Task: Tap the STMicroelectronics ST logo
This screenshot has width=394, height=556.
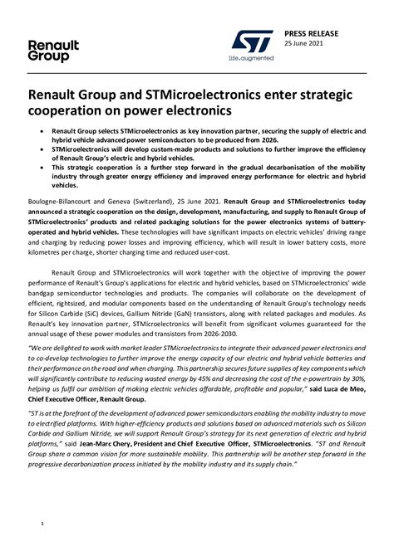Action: pyautogui.click(x=252, y=42)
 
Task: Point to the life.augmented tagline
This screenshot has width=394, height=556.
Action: pyautogui.click(x=251, y=59)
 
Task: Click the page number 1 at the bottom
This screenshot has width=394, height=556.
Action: pyautogui.click(x=42, y=525)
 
